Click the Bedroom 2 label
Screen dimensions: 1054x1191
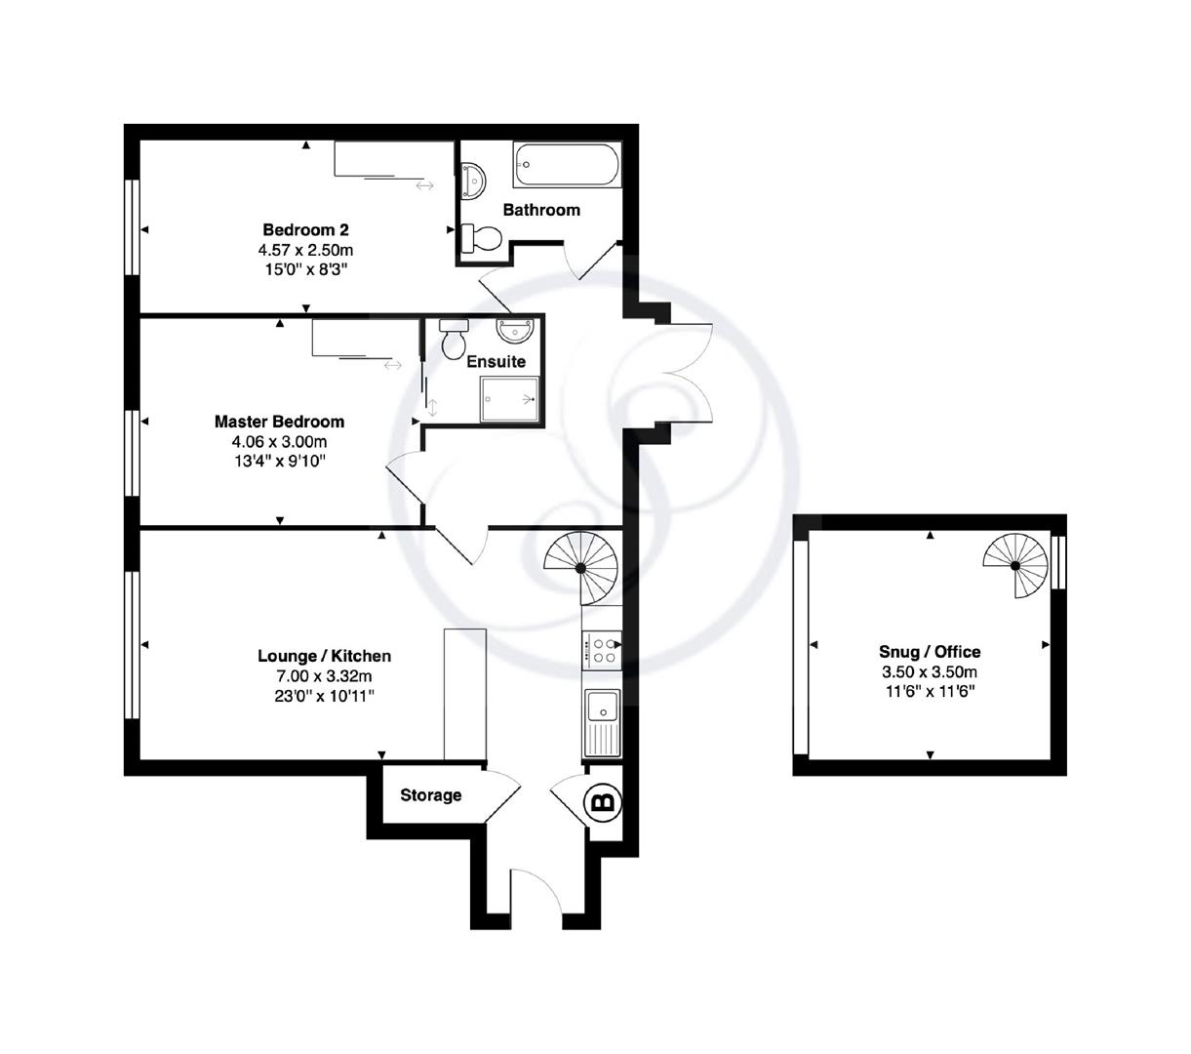point(305,230)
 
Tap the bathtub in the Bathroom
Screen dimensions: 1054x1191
point(566,165)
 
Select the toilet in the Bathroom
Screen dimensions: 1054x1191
point(482,236)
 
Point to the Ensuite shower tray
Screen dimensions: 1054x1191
point(508,399)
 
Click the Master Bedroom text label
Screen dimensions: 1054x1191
point(279,422)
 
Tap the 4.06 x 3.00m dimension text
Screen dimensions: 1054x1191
point(279,441)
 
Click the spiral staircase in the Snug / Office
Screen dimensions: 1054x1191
point(1015,565)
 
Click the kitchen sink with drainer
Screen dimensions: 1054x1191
point(601,722)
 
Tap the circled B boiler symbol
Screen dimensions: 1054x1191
point(603,802)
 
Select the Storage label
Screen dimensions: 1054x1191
point(431,795)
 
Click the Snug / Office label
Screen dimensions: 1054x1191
point(930,652)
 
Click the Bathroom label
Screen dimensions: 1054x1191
point(541,210)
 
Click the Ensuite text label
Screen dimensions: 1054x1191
point(496,362)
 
